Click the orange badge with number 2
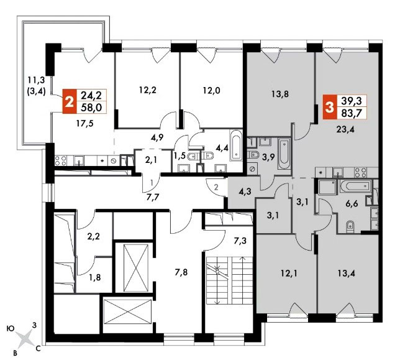point(70,101)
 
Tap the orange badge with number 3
point(330,107)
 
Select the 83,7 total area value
point(352,113)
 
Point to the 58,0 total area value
point(91,108)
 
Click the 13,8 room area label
point(280,95)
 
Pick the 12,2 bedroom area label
point(148,90)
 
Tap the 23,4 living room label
point(346,130)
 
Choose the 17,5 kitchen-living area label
point(85,124)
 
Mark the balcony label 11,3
point(36,80)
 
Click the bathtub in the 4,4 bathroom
point(236,145)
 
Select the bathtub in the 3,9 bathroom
point(284,154)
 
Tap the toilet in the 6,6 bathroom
point(350,226)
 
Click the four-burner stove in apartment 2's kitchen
point(61,161)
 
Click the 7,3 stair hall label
point(240,241)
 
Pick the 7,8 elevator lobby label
point(181,272)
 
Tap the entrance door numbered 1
point(152,183)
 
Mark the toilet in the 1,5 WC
point(191,157)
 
